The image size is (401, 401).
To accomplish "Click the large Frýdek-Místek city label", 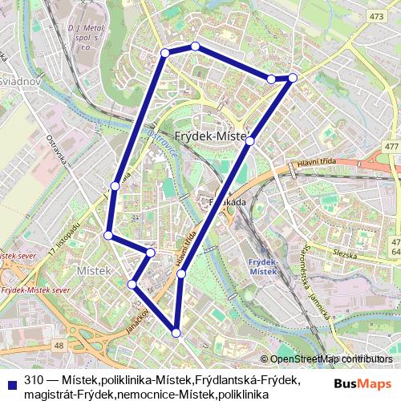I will [x=213, y=137].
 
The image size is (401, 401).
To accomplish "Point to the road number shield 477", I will [x=391, y=146].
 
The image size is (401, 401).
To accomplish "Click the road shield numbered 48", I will [x=59, y=345].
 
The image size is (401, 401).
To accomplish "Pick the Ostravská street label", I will [x=61, y=156].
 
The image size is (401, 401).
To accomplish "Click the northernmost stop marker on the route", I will [x=195, y=47].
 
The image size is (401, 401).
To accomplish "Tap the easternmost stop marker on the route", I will [x=293, y=78].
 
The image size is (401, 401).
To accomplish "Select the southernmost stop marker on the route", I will [x=176, y=332].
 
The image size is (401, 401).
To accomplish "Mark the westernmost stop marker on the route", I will [x=108, y=235].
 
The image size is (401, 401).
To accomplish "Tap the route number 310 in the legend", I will [x=34, y=379].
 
